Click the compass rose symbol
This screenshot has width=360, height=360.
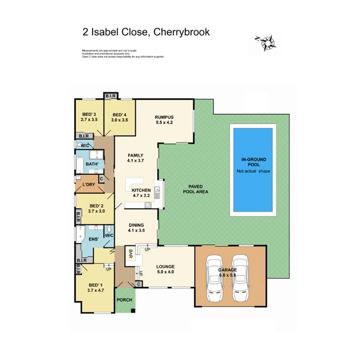tap(266, 42)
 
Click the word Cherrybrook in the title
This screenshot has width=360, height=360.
tap(182, 32)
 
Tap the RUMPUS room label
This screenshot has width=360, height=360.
tap(165, 117)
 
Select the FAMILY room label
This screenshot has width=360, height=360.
tap(136, 156)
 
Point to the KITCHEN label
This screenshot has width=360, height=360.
tap(141, 190)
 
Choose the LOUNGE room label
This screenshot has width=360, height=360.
tap(165, 267)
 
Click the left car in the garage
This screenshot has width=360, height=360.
tap(214, 279)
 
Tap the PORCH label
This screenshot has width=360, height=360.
tap(124, 300)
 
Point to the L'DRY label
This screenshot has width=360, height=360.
tap(89, 185)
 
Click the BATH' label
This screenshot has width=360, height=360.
tap(92, 164)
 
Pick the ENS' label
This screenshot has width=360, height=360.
tap(93, 239)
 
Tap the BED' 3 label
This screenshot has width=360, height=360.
tap(89, 114)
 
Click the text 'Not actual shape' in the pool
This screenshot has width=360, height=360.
tap(253, 171)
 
